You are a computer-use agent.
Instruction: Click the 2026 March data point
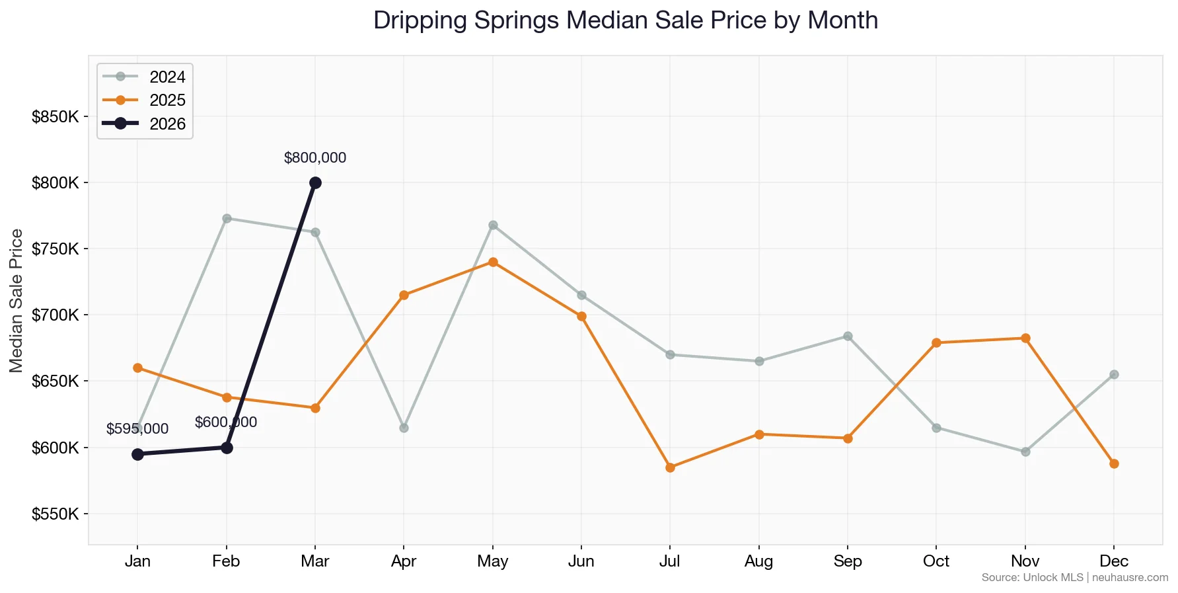[315, 182]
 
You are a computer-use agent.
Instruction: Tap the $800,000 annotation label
[315, 158]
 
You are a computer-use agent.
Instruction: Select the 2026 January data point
[137, 454]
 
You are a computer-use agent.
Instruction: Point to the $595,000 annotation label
[137, 429]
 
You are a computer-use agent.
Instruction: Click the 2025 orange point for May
[493, 262]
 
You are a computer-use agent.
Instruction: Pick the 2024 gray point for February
[227, 218]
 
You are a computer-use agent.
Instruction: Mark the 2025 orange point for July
[670, 467]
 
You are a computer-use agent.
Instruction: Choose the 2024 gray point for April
[404, 428]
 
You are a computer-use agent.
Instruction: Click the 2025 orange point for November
[1025, 338]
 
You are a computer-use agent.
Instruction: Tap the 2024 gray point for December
[1114, 374]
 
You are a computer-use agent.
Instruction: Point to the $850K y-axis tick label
[55, 117]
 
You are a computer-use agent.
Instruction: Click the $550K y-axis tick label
[55, 514]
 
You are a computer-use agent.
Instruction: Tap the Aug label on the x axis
[758, 561]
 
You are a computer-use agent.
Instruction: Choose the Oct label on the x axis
[936, 561]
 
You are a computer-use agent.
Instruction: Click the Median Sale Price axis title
[17, 301]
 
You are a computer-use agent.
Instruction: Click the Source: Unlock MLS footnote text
[1032, 578]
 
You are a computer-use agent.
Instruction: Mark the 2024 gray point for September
[848, 336]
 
